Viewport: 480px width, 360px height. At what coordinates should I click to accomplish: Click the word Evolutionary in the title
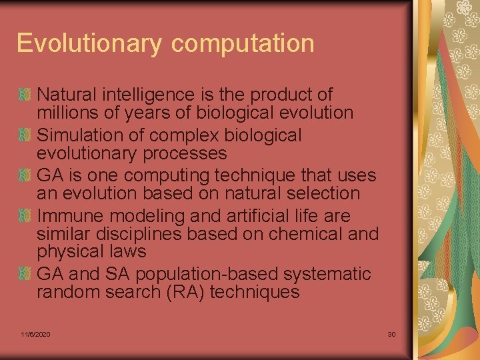point(90,43)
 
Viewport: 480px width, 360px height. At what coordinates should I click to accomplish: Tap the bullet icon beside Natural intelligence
point(25,95)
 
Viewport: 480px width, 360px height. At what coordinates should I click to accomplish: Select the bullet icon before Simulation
point(25,135)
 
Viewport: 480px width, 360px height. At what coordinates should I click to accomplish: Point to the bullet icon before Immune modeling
point(25,216)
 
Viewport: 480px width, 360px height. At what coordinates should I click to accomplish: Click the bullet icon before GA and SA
point(25,274)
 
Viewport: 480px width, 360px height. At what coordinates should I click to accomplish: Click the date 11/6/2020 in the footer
point(35,333)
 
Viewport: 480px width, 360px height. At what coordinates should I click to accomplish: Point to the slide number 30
point(391,333)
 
